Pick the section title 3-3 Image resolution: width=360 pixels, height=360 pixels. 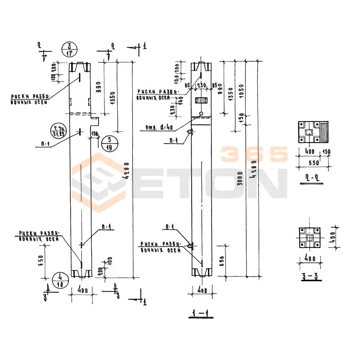311,276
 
